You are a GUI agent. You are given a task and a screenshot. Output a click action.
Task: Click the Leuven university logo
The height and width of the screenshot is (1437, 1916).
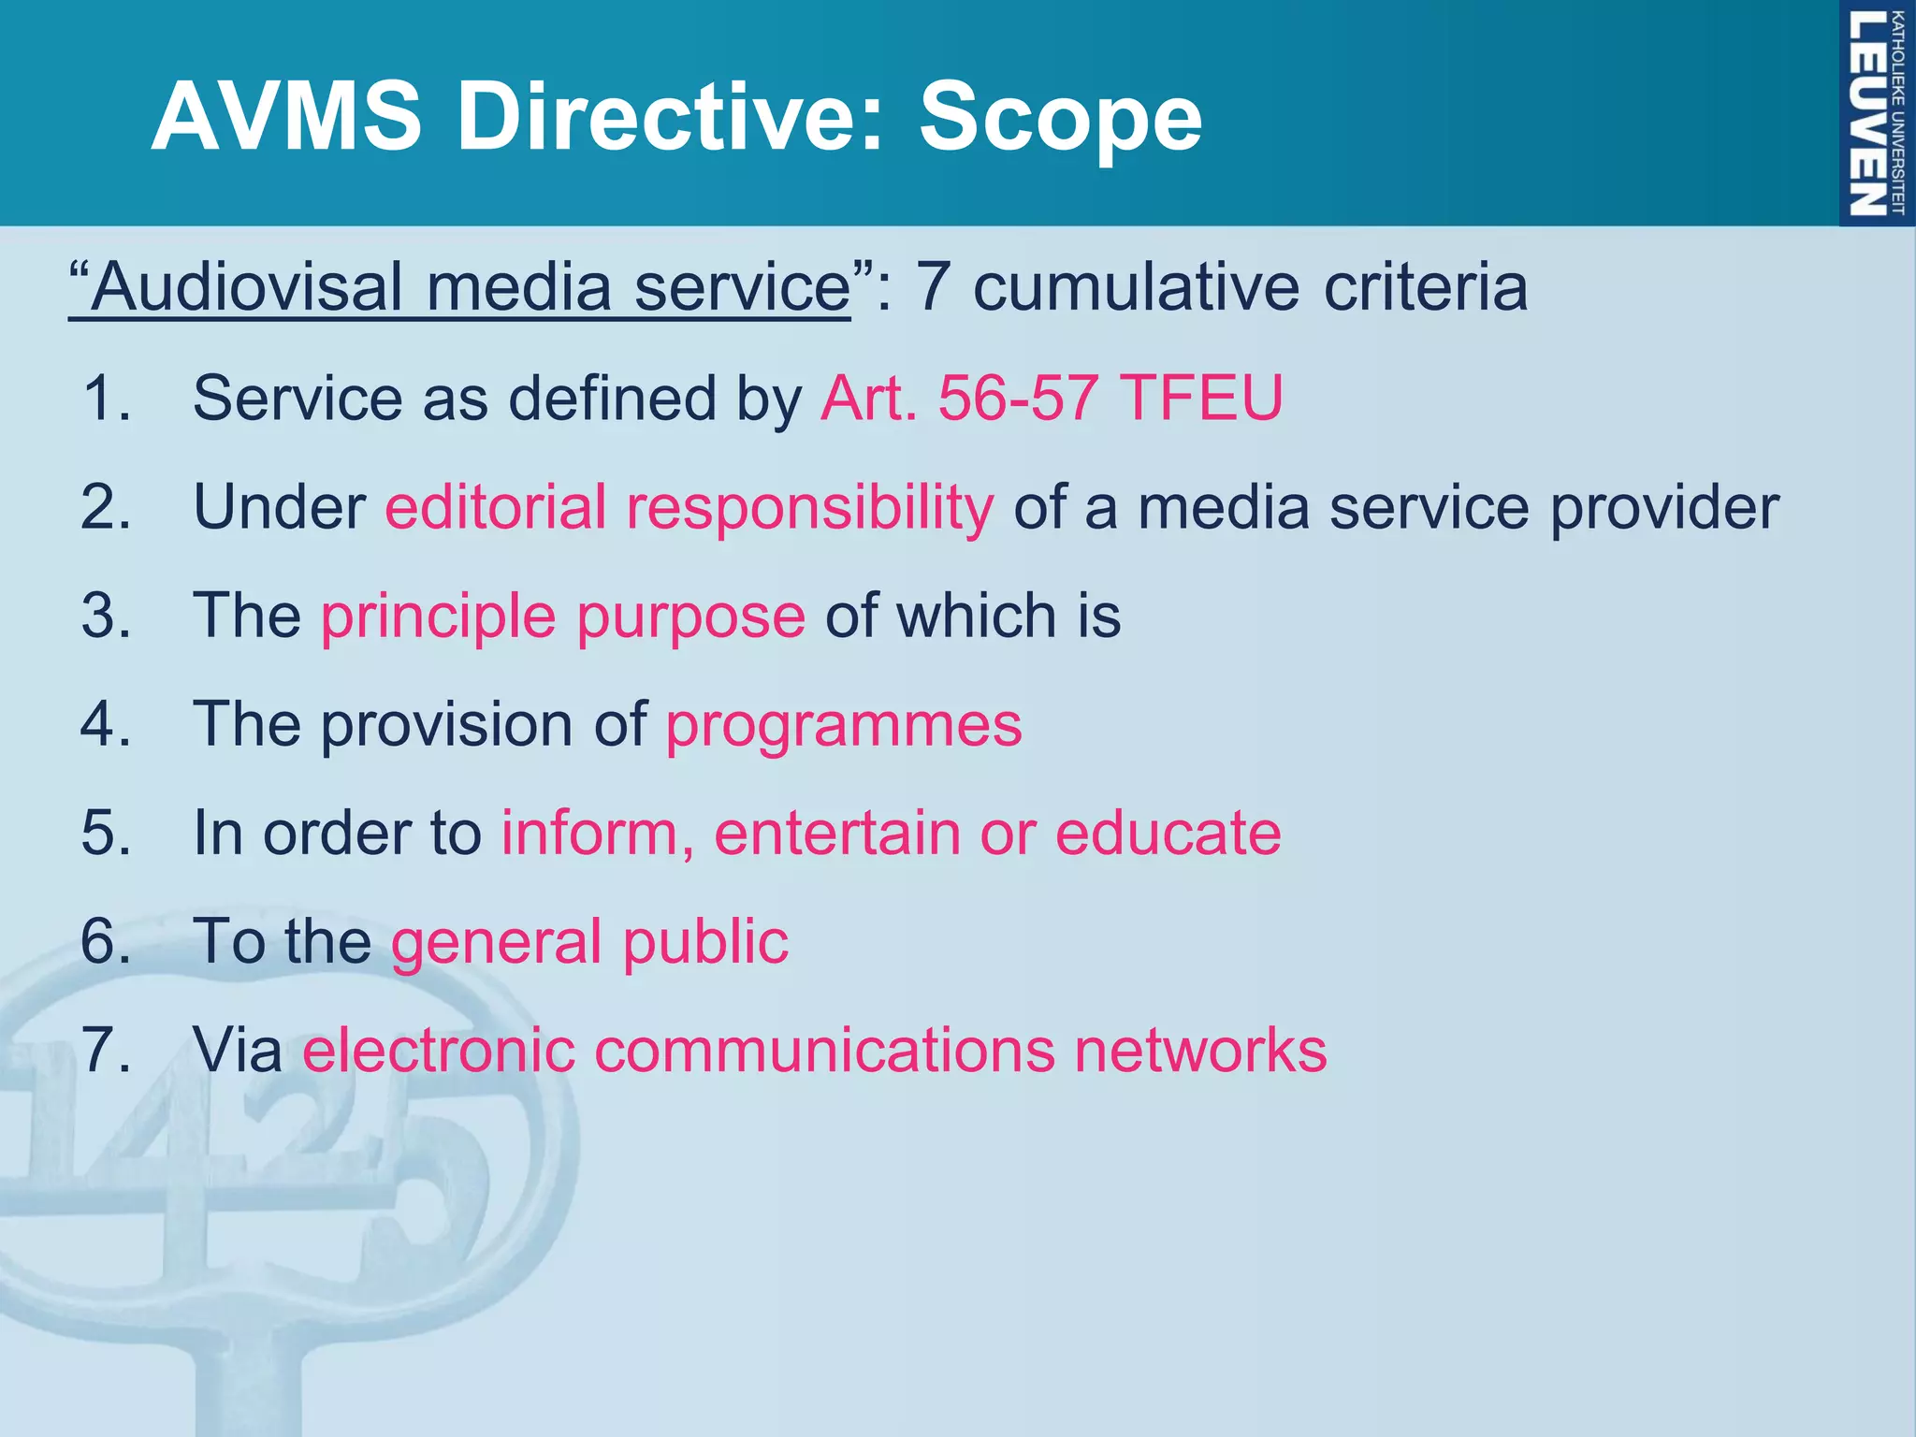pyautogui.click(x=1876, y=112)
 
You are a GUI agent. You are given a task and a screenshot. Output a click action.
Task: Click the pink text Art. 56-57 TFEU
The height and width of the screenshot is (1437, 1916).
pyautogui.click(x=1052, y=399)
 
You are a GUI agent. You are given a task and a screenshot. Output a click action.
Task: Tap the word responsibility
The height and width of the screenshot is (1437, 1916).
pyautogui.click(x=810, y=507)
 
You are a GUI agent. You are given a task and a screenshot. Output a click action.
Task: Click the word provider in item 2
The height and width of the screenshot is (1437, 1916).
pyautogui.click(x=1664, y=507)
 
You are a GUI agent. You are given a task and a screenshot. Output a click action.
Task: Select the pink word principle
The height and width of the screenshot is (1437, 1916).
pyautogui.click(x=439, y=617)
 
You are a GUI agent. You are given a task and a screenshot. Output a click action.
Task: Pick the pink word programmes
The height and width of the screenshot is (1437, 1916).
pyautogui.click(x=844, y=725)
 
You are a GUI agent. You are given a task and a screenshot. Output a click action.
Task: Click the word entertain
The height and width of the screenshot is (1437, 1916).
pyautogui.click(x=836, y=833)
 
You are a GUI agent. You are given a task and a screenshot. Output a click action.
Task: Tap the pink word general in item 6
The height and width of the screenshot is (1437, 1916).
pyautogui.click(x=496, y=942)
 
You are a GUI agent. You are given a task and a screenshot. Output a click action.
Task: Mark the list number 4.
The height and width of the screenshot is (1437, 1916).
pyautogui.click(x=105, y=725)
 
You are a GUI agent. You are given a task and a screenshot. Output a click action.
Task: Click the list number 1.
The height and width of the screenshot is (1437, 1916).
pyautogui.click(x=105, y=399)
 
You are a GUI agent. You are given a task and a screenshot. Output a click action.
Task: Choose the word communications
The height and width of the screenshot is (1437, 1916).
pyautogui.click(x=823, y=1050)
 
